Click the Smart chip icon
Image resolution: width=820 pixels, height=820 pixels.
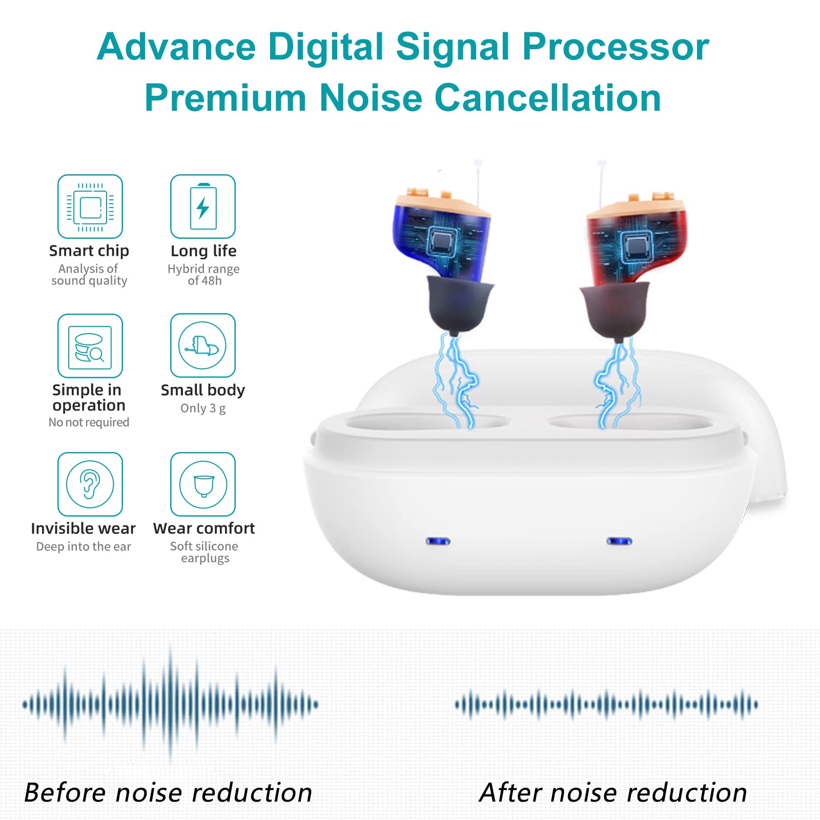(90, 207)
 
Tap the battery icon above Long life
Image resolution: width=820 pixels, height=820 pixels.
(203, 207)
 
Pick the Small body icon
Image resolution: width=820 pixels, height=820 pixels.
(203, 346)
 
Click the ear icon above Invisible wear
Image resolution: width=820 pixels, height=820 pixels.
(90, 484)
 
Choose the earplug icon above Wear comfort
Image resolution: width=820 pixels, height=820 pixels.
(203, 484)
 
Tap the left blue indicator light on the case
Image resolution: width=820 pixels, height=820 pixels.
(438, 541)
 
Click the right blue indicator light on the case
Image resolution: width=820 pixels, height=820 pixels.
(619, 541)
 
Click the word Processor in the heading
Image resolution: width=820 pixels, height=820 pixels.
(616, 47)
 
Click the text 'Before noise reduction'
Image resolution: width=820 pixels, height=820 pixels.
(168, 792)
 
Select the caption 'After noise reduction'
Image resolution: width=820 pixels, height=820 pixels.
(613, 792)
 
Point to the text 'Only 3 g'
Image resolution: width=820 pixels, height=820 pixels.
(203, 408)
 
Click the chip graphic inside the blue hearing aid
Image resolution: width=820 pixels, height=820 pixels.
(442, 241)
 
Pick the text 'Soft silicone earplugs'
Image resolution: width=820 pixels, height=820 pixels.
(204, 552)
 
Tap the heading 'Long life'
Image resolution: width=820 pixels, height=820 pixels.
(203, 251)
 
